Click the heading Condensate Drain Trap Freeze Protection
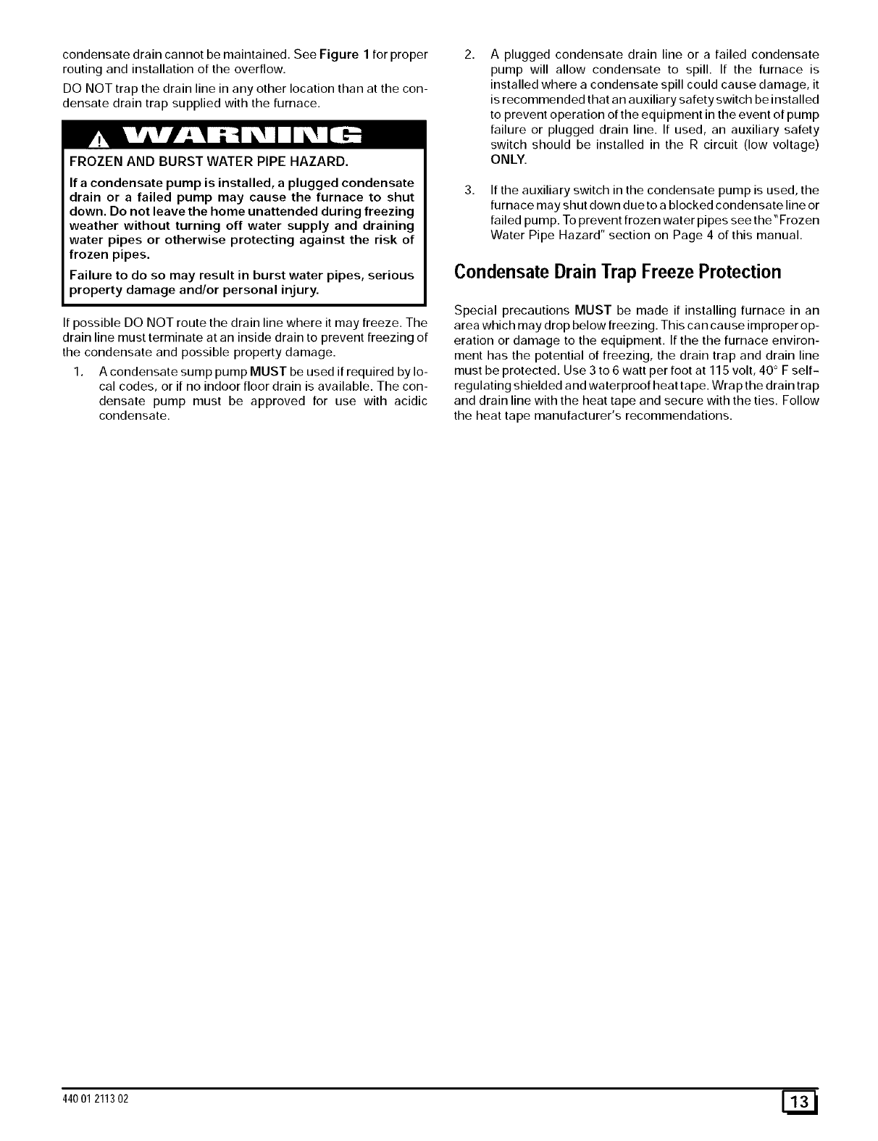coord(618,273)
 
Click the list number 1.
coord(78,372)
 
